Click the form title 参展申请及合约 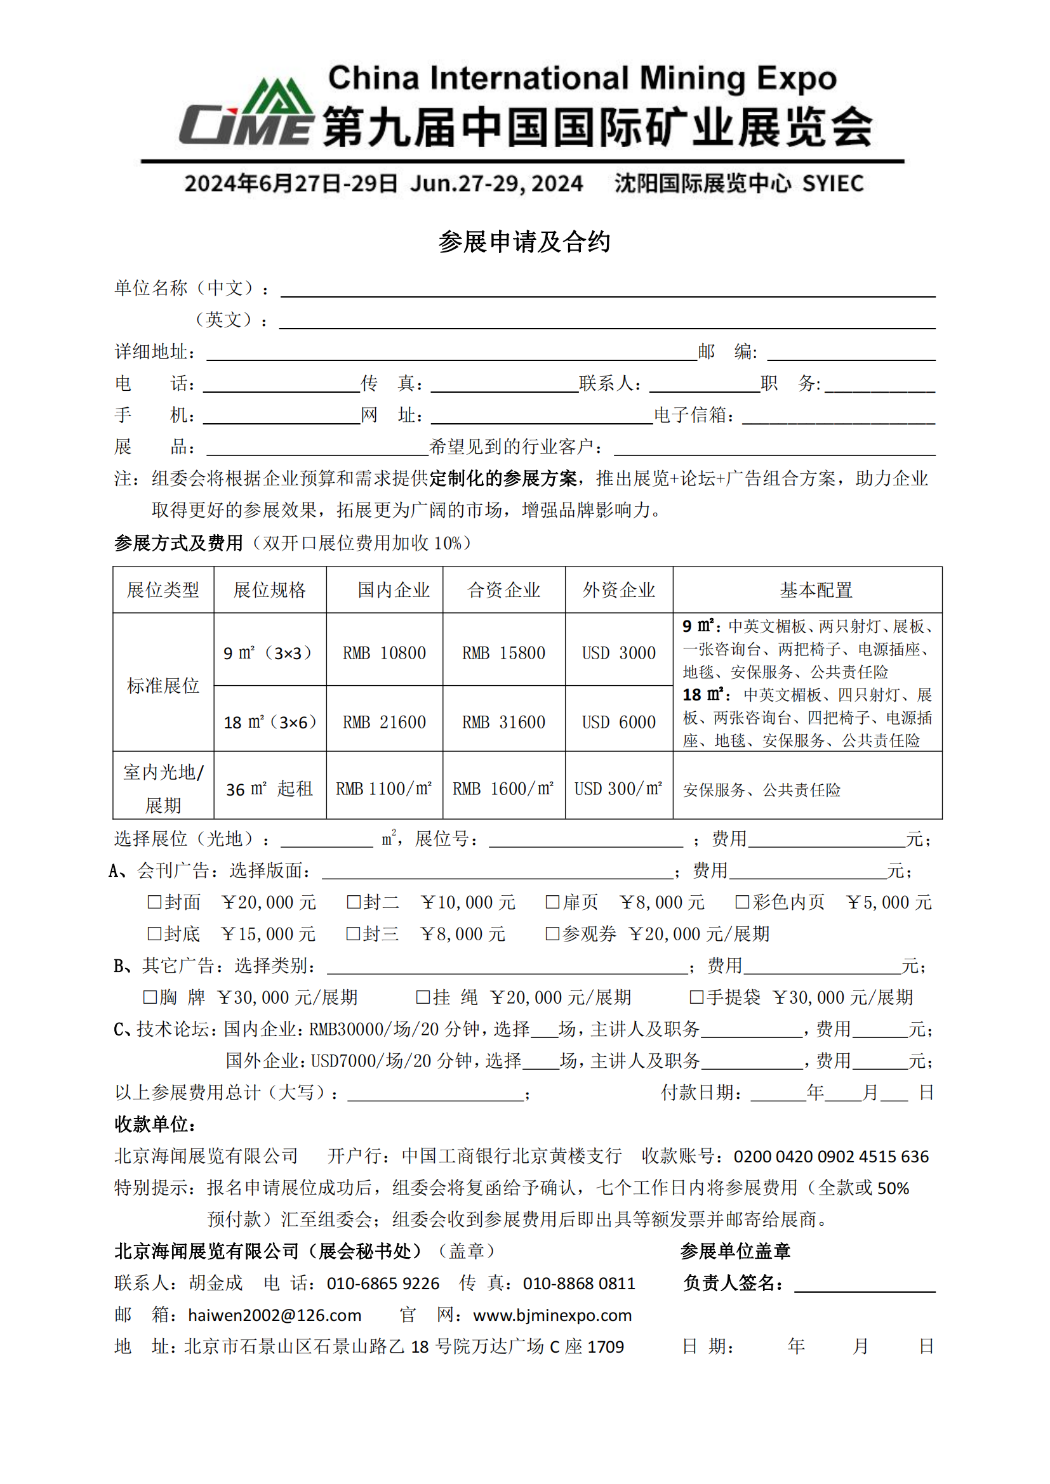pos(524,242)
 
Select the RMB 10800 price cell pos(384,653)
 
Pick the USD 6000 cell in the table pos(619,722)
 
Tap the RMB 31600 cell pos(503,722)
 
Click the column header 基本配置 pos(815,590)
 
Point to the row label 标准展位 pos(163,685)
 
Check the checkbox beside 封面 pos(154,902)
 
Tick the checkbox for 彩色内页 pos(742,902)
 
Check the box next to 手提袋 pos(696,997)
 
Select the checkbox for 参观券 pos(552,934)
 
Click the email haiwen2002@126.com pos(274,1315)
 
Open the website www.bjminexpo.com pos(552,1315)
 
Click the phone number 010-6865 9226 pos(383,1283)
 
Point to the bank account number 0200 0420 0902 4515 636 pos(831,1157)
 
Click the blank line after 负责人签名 pos(865,1284)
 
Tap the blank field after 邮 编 pos(851,353)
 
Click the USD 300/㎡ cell pos(618,789)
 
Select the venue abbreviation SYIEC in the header pos(833,183)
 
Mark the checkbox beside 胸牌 pos(150,997)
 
